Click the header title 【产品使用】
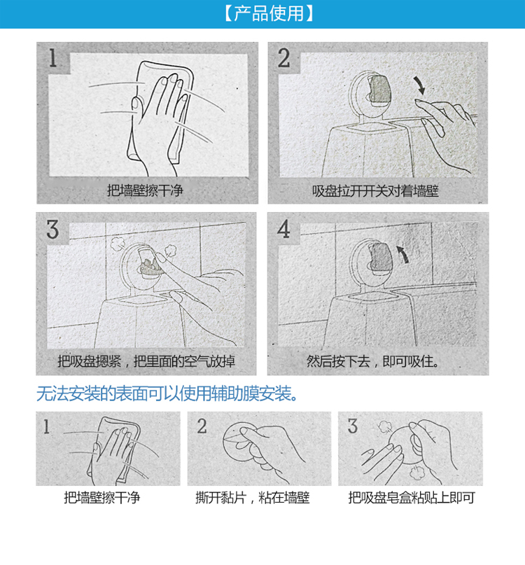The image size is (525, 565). coord(269,13)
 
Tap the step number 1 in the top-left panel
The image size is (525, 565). coord(53,58)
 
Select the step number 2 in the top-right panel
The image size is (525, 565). coord(283,58)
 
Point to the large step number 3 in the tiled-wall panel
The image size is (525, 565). coord(52,229)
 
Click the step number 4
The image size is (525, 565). coord(283,229)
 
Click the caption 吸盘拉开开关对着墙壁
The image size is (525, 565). coord(375,190)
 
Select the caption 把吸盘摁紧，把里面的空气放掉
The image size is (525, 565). coord(146,361)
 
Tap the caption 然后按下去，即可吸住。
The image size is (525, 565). coord(373,361)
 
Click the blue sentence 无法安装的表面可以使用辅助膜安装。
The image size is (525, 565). coord(167,393)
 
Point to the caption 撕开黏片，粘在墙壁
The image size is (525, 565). coord(253,498)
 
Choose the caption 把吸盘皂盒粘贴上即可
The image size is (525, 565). coord(412,498)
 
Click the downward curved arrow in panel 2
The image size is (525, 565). coord(419,85)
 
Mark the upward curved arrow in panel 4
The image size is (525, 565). coord(404,254)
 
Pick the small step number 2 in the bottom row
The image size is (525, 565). coord(202,426)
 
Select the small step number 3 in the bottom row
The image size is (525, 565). coord(353,426)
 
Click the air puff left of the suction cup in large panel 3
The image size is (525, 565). coord(117,244)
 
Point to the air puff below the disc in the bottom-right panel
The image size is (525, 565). coord(417,471)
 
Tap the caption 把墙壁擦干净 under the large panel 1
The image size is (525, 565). coord(145,190)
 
